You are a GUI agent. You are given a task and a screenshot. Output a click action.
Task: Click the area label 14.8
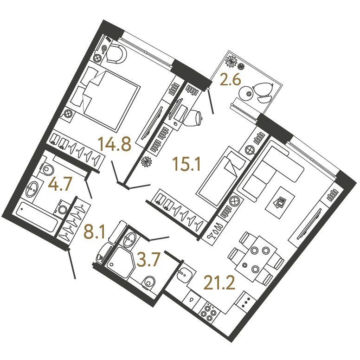click(114, 144)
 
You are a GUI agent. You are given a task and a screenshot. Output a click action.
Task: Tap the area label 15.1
click(187, 164)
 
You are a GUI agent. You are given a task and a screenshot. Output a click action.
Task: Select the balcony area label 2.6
click(230, 80)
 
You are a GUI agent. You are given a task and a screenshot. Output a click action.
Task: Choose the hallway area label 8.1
click(94, 232)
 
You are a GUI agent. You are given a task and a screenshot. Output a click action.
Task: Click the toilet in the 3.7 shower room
click(149, 282)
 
